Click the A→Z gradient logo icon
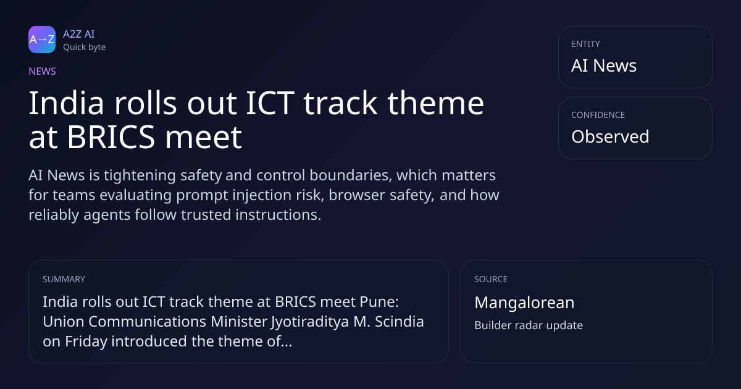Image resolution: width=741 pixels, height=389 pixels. click(42, 40)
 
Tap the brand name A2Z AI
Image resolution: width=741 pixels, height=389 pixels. click(79, 34)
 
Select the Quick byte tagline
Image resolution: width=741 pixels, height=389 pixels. click(85, 48)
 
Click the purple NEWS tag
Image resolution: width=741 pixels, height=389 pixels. click(43, 72)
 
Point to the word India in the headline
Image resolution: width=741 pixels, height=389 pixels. click(67, 103)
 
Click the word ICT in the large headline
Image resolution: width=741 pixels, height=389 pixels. click(270, 103)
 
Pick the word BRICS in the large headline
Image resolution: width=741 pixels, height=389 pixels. click(111, 137)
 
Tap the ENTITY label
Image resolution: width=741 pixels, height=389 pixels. click(585, 44)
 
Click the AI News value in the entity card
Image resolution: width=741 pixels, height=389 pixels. click(604, 65)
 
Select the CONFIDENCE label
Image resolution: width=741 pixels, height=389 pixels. click(598, 115)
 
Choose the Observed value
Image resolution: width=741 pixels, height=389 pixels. click(610, 136)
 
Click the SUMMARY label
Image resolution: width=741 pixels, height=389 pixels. click(64, 279)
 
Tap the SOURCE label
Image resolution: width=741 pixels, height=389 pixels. click(491, 279)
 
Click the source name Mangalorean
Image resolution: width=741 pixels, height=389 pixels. click(524, 303)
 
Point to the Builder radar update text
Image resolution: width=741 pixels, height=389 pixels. click(529, 325)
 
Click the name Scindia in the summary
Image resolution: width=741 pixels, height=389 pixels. click(400, 322)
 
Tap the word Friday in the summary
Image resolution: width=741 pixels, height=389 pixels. click(86, 341)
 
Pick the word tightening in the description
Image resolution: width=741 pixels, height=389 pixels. click(140, 175)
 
